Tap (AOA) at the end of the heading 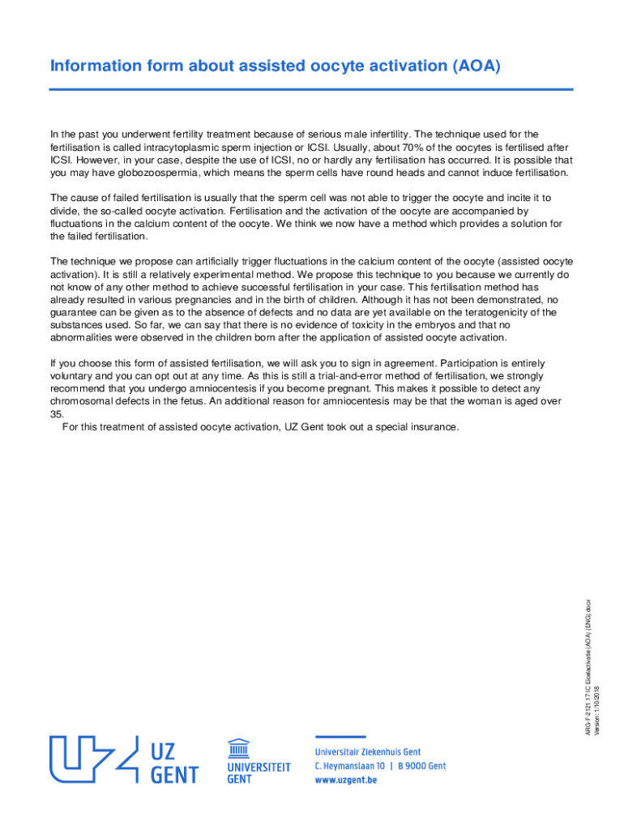coord(474,66)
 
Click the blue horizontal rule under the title coord(311,90)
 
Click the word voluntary coord(73,376)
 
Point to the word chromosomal coord(82,402)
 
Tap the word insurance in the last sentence coord(436,427)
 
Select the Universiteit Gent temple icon coord(238,747)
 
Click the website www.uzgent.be coord(346,780)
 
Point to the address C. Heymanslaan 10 coord(351,766)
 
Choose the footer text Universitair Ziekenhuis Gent coord(368,752)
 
